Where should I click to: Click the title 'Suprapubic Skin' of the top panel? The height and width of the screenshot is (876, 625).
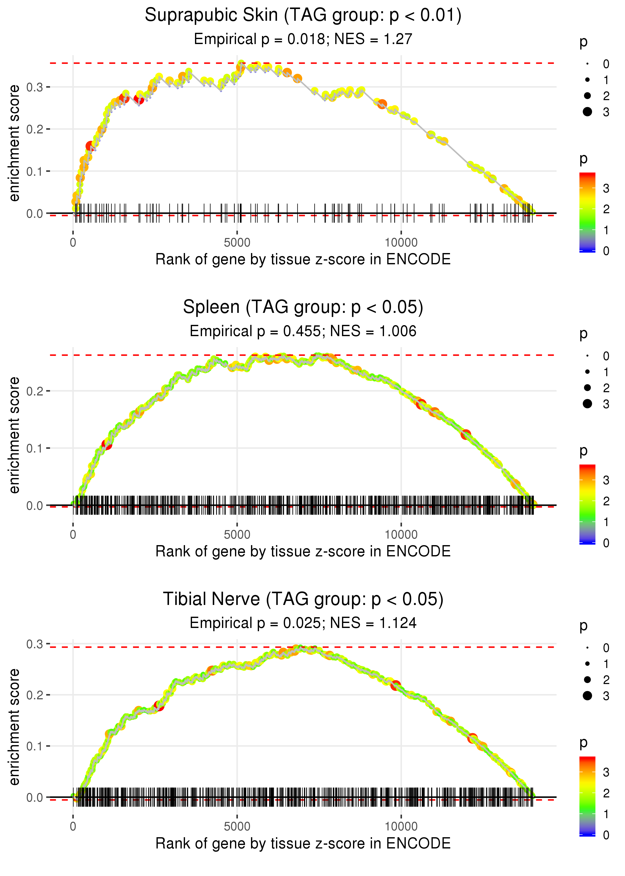211,16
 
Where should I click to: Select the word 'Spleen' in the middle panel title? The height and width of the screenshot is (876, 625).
211,307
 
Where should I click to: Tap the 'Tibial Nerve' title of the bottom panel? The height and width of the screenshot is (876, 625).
211,599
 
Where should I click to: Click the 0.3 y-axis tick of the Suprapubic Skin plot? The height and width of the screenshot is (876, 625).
35,87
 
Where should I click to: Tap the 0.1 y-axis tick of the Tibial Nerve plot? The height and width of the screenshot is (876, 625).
35,746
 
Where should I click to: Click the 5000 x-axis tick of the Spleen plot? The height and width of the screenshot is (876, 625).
237,535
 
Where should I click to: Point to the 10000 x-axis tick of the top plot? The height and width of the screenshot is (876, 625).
401,243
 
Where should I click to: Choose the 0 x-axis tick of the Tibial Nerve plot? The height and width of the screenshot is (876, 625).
73,827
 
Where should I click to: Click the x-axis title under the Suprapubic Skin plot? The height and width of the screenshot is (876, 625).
303,260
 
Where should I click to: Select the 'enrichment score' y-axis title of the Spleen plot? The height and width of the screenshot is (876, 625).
14,435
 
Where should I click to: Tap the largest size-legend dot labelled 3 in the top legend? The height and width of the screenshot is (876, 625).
587,112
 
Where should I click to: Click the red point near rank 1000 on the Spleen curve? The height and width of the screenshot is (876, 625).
106,445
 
